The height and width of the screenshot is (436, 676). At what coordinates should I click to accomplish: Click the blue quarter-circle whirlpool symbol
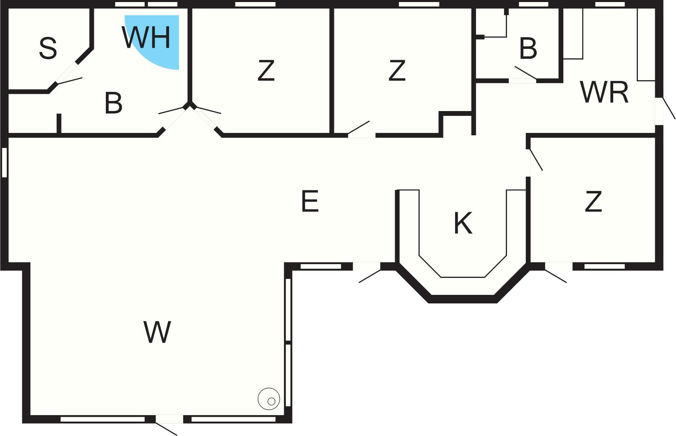[x=155, y=39]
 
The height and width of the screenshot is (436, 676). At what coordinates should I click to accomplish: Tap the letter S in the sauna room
[x=48, y=49]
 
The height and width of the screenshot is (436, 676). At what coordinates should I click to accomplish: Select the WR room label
[x=604, y=92]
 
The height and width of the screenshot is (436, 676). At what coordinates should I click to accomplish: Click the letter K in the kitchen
[x=463, y=223]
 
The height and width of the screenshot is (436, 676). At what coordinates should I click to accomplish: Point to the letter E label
[x=310, y=201]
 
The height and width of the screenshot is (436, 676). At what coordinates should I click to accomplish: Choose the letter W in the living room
[x=157, y=332]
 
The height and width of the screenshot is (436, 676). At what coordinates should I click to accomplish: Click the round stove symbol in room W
[x=269, y=399]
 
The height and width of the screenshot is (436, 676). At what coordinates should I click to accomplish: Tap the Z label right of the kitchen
[x=593, y=202]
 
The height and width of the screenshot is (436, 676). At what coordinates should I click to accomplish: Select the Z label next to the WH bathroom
[x=266, y=70]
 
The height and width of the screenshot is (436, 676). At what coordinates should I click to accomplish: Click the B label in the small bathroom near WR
[x=528, y=49]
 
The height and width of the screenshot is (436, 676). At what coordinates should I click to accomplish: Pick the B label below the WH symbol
[x=113, y=103]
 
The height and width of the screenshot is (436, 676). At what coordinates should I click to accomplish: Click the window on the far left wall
[x=4, y=162]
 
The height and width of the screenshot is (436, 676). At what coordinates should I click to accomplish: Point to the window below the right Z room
[x=604, y=266]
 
